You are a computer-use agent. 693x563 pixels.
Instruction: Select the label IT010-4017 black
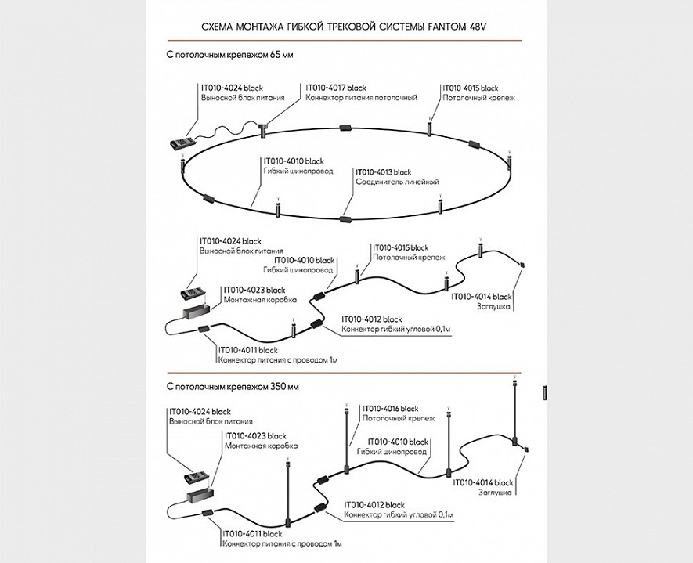point(335,88)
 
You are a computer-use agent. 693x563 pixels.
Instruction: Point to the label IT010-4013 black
point(383,171)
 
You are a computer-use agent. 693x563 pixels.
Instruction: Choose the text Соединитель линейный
point(397,182)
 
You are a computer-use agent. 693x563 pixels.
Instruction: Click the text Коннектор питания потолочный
point(360,98)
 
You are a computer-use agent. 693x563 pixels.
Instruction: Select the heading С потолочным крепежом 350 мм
point(222,387)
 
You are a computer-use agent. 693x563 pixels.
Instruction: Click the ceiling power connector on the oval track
point(264,128)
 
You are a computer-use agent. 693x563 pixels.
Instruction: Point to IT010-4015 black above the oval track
point(470,88)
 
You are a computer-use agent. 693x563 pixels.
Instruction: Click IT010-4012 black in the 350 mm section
point(372,505)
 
